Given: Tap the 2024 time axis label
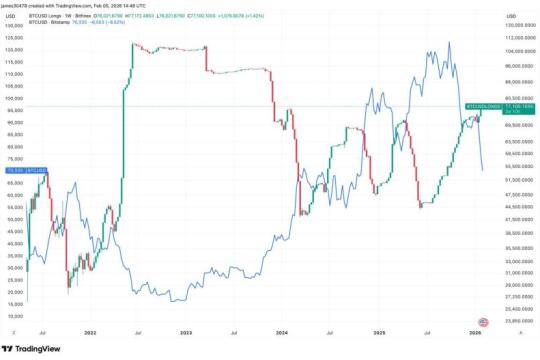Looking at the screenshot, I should click(283, 333).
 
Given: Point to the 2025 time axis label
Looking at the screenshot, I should click(378, 333).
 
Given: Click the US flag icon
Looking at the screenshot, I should click(484, 321).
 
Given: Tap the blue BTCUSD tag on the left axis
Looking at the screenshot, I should click(14, 171).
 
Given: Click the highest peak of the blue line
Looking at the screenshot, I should click(451, 43).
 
